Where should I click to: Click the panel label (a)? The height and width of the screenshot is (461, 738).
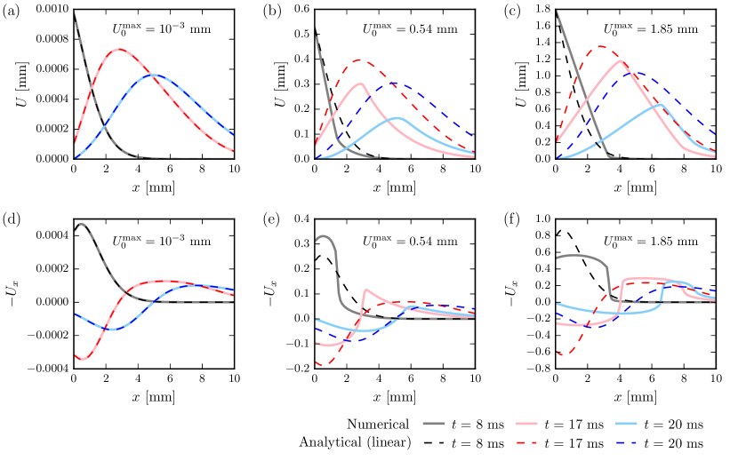point(10,10)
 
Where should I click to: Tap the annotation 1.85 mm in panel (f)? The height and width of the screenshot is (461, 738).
point(647,242)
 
